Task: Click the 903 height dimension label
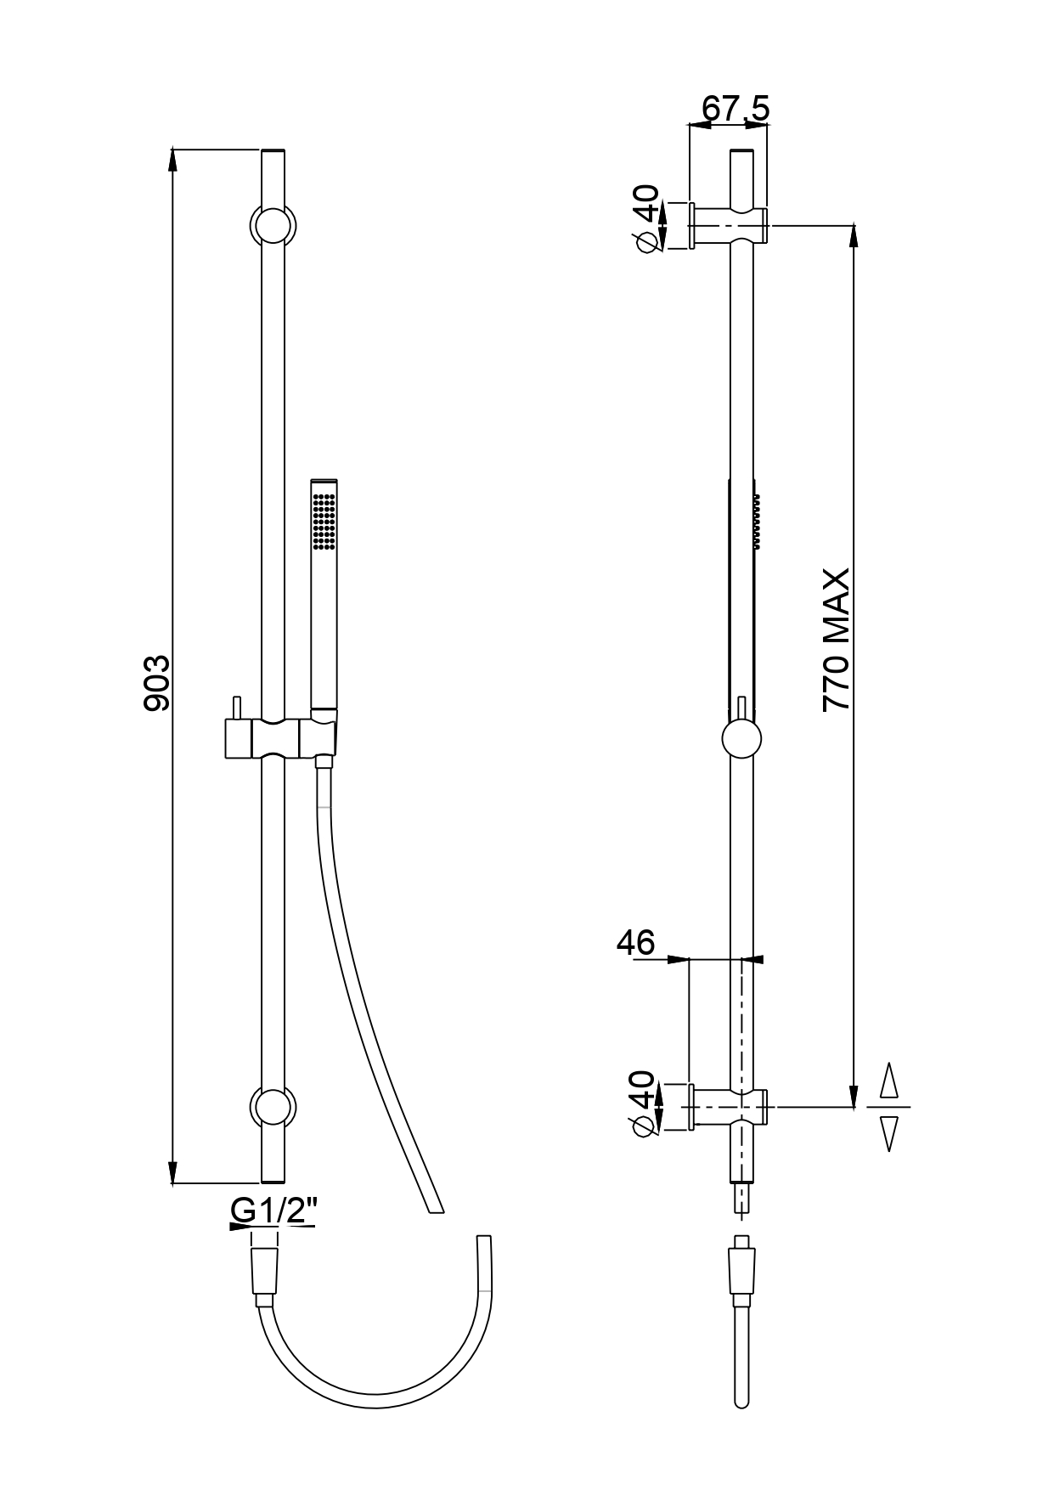pos(158,682)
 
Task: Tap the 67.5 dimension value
pos(736,108)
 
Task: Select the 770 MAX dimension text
pos(836,640)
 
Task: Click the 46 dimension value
pos(636,942)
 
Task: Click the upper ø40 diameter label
pos(647,217)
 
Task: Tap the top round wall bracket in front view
pos(273,226)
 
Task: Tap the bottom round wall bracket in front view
pos(273,1108)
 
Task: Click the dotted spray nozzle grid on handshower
pos(324,519)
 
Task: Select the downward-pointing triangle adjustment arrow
pos(888,1133)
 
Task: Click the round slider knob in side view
pos(741,738)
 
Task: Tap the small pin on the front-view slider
pos(237,707)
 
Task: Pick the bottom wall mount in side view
pos(729,1107)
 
